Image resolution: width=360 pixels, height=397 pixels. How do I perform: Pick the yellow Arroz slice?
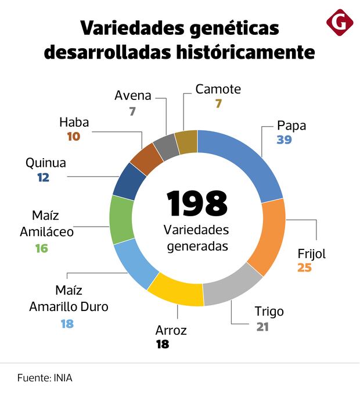coord(176,290)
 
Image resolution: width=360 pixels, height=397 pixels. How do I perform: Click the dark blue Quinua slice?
coord(129,181)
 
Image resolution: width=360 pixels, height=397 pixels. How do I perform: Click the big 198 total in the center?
coord(197,203)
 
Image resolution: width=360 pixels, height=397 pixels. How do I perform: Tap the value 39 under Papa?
coord(284,140)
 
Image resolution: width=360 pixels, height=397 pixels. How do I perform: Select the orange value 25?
coord(305,268)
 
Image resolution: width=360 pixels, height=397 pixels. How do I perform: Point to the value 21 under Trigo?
coord(263,326)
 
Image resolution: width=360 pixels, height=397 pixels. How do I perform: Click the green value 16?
coord(41,248)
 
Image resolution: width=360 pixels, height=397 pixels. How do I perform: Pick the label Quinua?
coord(46,163)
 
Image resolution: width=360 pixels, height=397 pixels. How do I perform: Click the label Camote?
coord(218,90)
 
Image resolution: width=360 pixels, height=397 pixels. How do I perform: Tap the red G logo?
coord(340,22)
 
